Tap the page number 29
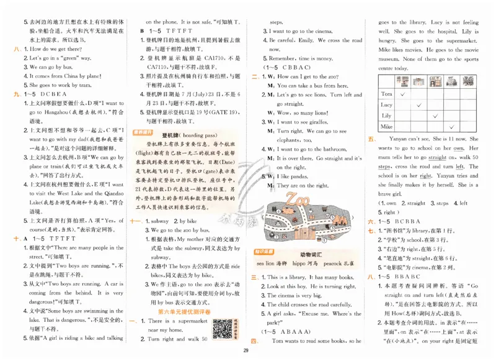coord(246,352)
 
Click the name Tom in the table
coord(386,93)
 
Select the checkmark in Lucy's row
coord(419,104)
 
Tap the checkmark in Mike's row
coord(451,126)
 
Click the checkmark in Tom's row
coord(403,93)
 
